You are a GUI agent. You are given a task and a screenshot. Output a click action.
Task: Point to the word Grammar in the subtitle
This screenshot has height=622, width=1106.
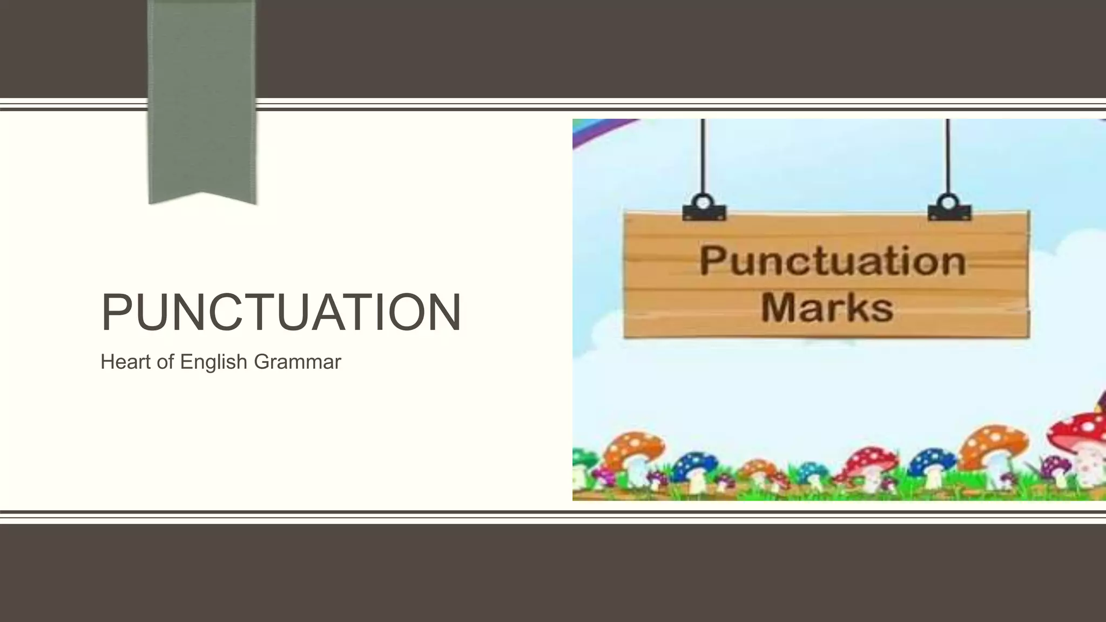[x=297, y=362]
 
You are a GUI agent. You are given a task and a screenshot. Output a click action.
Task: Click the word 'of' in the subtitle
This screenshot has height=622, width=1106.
[x=165, y=362]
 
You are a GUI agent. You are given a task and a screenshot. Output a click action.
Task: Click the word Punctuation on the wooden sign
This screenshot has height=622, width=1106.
[x=832, y=261]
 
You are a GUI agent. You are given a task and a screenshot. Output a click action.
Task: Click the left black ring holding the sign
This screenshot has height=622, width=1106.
[x=704, y=203]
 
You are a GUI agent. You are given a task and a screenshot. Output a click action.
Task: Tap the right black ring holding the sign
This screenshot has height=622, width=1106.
[x=949, y=203]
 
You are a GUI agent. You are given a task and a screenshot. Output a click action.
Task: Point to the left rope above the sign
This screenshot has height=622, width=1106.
[x=703, y=157]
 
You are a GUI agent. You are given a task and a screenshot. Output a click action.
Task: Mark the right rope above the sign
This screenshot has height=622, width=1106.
[x=948, y=157]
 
